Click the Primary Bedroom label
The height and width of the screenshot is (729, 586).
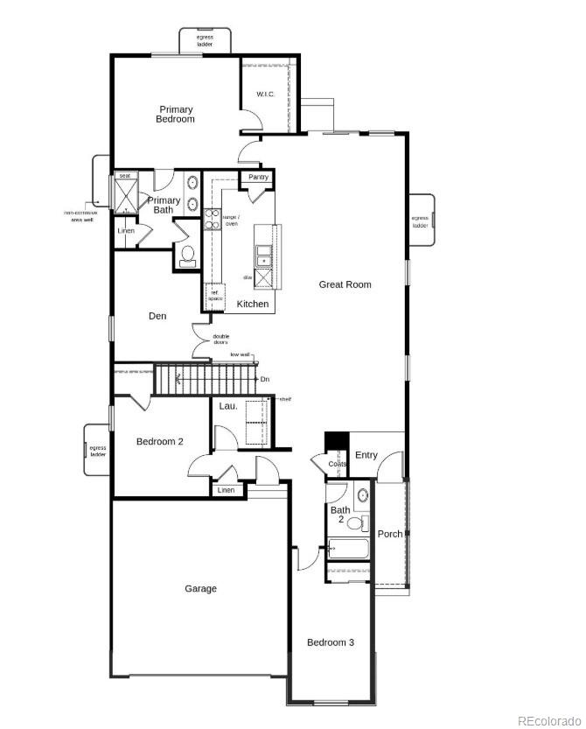(x=176, y=114)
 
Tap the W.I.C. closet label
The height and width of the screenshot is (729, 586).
(x=266, y=94)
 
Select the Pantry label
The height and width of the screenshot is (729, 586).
(x=258, y=177)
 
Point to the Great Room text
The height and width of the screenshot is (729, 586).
(x=345, y=284)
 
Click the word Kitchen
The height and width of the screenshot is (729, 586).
(x=253, y=304)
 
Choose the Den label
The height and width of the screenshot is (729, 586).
(x=157, y=316)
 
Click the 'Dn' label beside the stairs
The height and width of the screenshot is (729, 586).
(x=265, y=379)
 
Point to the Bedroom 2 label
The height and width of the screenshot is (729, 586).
(x=159, y=442)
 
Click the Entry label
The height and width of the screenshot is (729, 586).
(x=366, y=454)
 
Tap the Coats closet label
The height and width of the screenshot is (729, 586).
(x=338, y=464)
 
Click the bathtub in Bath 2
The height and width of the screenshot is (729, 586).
(x=348, y=550)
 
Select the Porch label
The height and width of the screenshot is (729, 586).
(x=390, y=534)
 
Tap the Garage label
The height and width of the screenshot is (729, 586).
(x=200, y=589)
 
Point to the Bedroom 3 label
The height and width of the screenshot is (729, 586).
(x=330, y=642)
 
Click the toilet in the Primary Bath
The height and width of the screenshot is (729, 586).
(x=187, y=255)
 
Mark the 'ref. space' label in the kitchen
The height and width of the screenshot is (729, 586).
(x=213, y=296)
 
